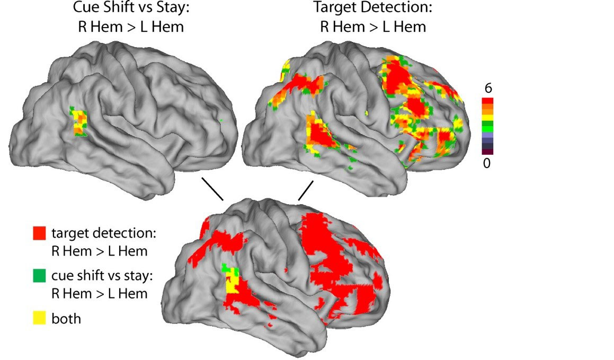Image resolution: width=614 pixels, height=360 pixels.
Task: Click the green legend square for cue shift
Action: pos(39,276)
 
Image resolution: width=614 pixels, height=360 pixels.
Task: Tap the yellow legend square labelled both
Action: pos(39,318)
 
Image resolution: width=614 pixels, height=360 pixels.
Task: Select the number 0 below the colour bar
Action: pos(487,163)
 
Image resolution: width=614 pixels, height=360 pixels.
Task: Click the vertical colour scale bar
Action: pos(487,126)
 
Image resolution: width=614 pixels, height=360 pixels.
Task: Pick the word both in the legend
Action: pos(66,319)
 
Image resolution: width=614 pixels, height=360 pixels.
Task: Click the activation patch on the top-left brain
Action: pos(79,123)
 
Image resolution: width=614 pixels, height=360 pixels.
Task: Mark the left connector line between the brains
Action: pos(212,189)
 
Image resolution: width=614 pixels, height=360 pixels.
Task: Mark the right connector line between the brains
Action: pos(306,190)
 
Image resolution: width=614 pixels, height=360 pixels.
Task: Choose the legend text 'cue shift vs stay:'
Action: pos(106,276)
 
